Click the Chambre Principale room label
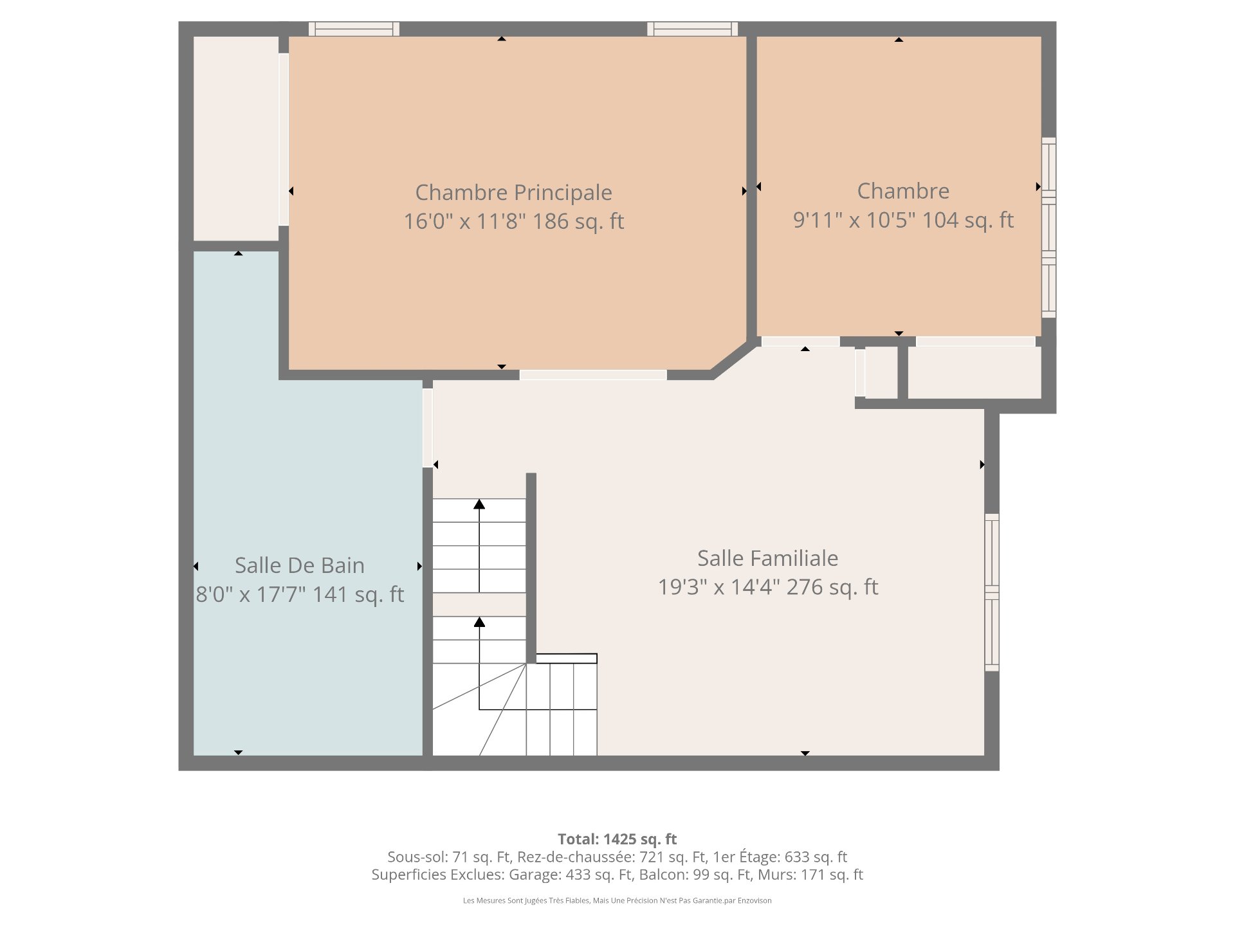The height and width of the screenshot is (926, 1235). pos(513,192)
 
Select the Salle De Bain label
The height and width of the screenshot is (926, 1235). pos(300,565)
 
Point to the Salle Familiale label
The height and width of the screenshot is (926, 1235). pos(768,558)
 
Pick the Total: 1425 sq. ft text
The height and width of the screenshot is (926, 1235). pos(617,839)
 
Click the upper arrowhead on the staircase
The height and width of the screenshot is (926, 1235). pos(479,504)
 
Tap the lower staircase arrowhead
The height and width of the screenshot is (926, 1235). pos(479,622)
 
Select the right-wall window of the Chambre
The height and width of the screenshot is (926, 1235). pos(1048,228)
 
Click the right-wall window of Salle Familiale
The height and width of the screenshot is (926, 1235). pos(992,592)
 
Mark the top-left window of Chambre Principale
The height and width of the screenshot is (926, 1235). pos(354,29)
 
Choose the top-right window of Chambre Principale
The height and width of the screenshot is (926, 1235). pos(693,29)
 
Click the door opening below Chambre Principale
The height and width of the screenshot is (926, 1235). pos(593,375)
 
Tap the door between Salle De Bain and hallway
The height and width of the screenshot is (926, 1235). pos(428,428)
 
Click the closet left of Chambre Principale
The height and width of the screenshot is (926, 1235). pos(236,139)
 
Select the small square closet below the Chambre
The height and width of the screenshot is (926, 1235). pos(881,372)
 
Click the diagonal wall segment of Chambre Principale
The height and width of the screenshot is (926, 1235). pos(733,359)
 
